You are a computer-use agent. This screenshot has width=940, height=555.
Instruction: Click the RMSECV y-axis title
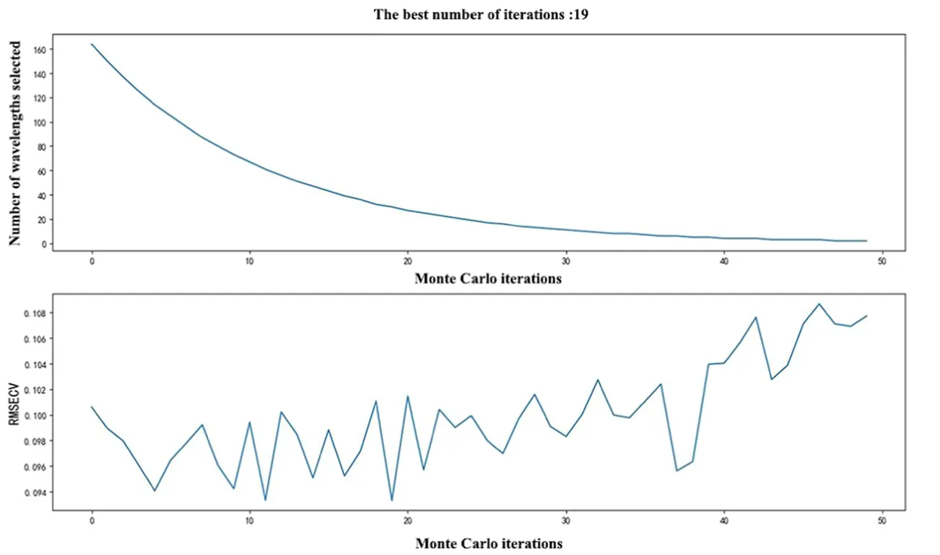coord(14,401)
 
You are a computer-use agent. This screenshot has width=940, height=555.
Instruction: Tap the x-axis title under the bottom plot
coord(488,542)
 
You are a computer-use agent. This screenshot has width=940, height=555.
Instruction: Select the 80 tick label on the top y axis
coord(40,147)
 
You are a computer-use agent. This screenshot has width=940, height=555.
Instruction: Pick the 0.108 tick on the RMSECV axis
coord(33,313)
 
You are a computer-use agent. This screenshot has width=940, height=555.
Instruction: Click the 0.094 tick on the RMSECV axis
coord(33,493)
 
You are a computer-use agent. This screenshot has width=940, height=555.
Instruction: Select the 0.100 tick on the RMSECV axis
coord(33,416)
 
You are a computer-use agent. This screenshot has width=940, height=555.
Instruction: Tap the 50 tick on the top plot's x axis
coord(882,260)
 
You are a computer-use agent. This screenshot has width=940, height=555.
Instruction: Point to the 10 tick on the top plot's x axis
coord(250,260)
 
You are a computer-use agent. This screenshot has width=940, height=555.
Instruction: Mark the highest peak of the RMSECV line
coord(819,304)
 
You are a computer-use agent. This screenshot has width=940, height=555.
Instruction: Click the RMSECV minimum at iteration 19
coord(392,500)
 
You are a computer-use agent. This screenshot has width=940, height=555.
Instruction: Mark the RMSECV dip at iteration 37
coord(677,471)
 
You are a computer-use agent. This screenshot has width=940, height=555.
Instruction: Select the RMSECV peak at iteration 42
coord(756,317)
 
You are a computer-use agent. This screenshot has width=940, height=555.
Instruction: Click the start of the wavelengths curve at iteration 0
coord(92,44)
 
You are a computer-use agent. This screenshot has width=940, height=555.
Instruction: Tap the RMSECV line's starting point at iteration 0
coord(92,406)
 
